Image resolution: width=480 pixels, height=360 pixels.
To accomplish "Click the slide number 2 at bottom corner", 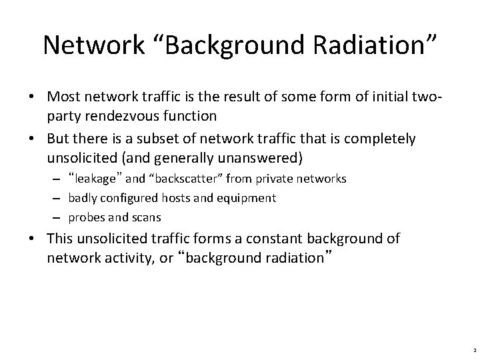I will click(470, 348).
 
